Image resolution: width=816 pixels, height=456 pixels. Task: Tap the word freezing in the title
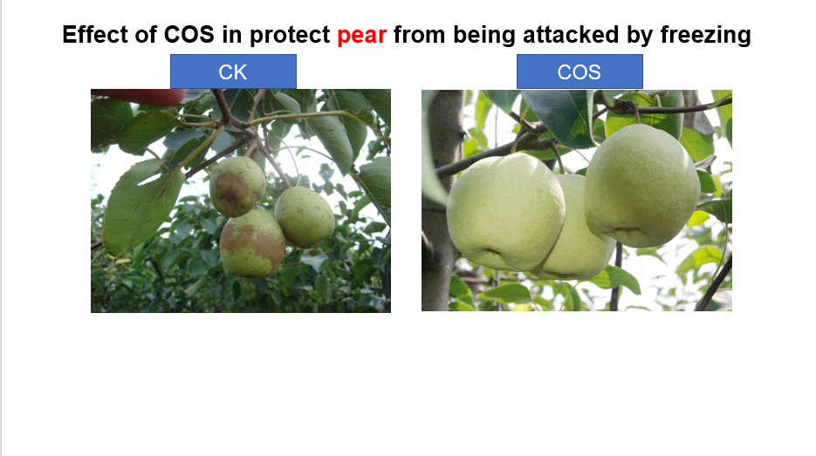coord(706,36)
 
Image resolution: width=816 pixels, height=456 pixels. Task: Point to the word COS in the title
coord(189,34)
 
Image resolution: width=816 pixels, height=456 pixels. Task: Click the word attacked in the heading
coord(572,34)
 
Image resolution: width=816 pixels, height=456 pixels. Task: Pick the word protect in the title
coord(290,36)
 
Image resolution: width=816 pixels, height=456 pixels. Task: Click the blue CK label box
coord(233,71)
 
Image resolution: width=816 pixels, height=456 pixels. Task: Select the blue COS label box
coord(579,71)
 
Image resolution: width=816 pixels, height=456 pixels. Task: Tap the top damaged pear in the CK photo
coord(237,187)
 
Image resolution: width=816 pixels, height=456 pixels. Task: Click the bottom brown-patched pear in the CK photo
coord(252,243)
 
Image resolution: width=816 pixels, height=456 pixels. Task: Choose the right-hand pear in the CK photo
coord(305,217)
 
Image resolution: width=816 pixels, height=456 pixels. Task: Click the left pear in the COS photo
coord(505,212)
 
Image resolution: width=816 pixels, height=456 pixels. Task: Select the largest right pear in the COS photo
coord(641,186)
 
